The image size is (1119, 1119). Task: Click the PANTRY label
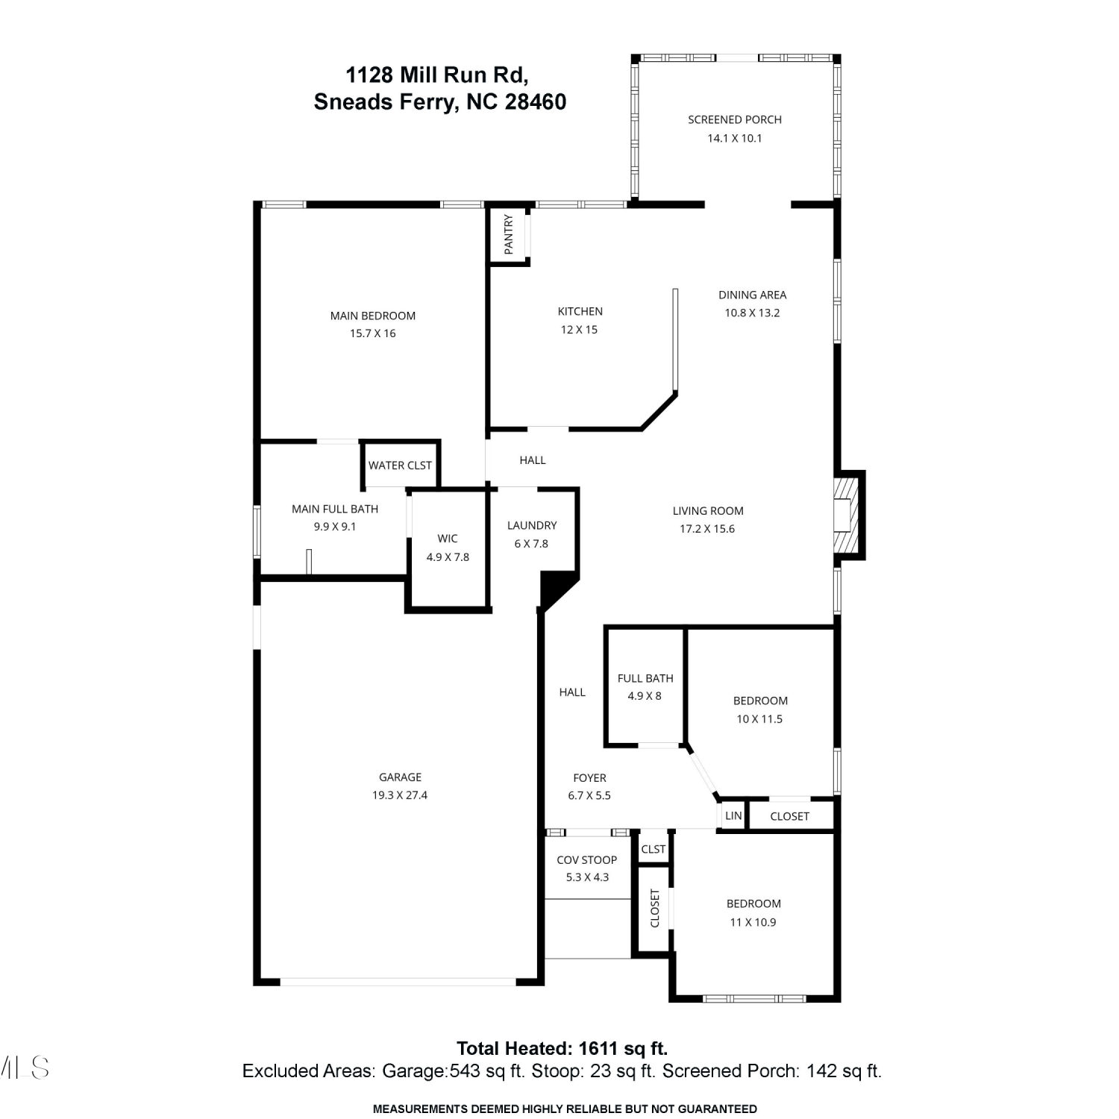[x=509, y=234]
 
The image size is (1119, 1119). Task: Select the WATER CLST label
[x=400, y=466]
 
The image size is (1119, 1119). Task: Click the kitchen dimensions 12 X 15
[x=579, y=330]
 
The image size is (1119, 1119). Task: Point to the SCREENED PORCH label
[x=735, y=119]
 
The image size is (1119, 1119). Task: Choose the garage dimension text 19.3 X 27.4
[x=400, y=795]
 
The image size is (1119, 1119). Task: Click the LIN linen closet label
[x=733, y=815]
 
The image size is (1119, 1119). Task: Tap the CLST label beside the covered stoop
[x=653, y=849]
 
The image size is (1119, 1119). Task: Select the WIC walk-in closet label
[x=448, y=539]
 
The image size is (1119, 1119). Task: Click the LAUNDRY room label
[x=532, y=525]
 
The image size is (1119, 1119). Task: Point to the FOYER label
[x=589, y=777]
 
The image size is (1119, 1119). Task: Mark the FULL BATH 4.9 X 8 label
[x=645, y=687]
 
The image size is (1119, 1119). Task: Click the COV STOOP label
[x=586, y=860]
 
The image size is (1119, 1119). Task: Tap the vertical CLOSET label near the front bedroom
[x=655, y=908]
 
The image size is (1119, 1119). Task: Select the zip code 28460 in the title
[x=536, y=101]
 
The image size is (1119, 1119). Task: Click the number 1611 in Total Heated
[x=601, y=1049]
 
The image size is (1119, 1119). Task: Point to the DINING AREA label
[x=752, y=295]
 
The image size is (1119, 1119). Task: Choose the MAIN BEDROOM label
[x=373, y=316]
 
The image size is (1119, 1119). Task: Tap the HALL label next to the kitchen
[x=533, y=460]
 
